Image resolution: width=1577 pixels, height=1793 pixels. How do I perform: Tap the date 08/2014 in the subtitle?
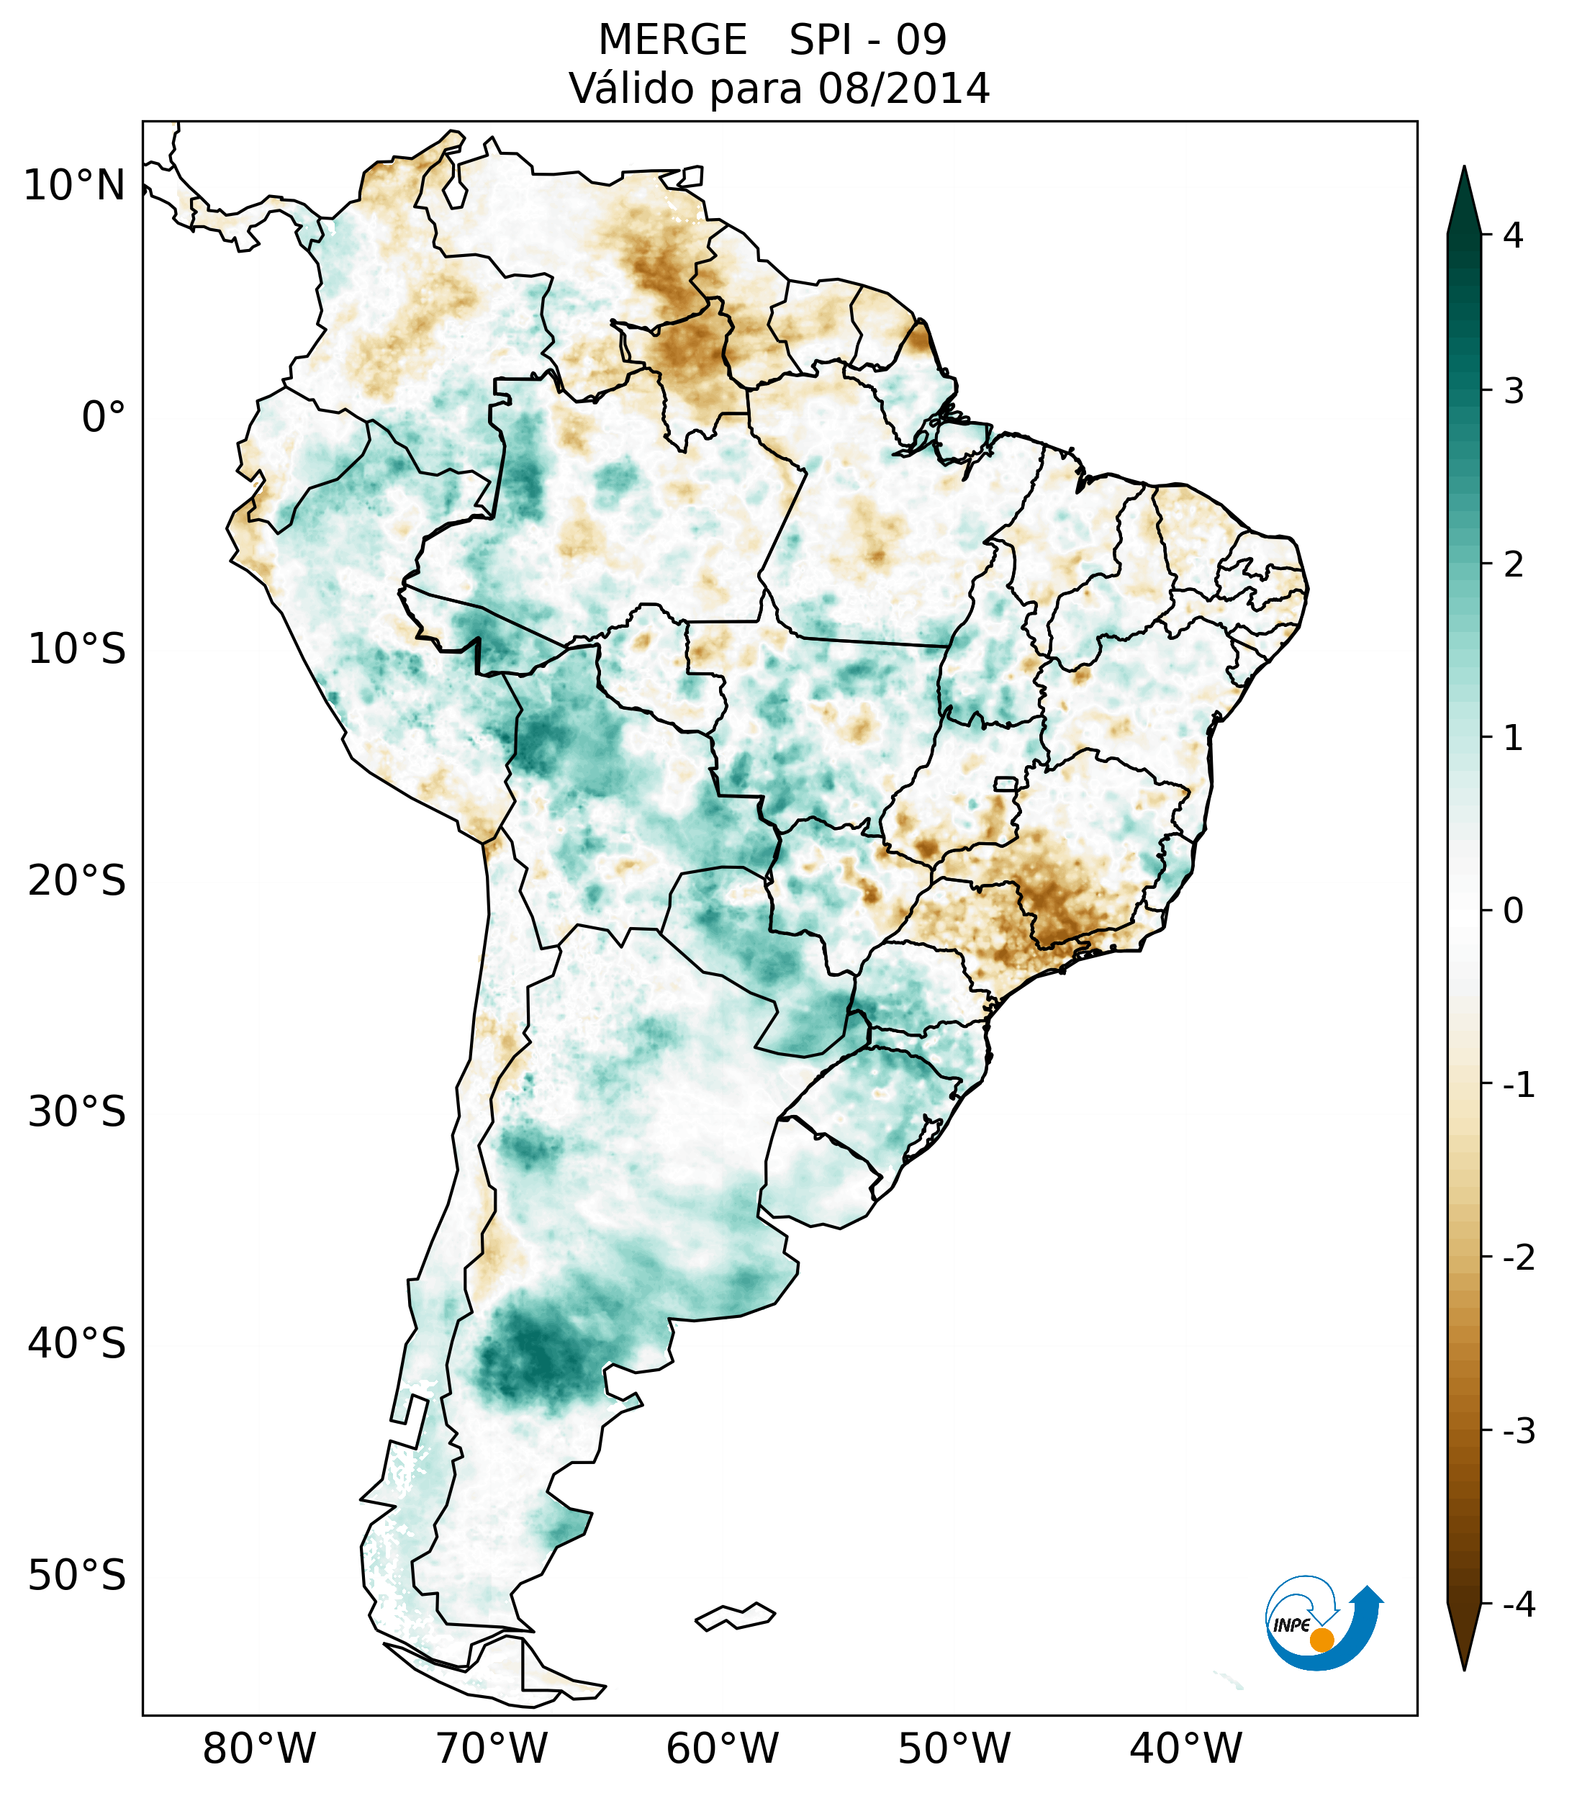(903, 89)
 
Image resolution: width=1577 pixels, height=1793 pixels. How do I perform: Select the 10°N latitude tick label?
(75, 186)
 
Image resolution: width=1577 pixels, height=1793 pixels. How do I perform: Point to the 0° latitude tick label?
(104, 417)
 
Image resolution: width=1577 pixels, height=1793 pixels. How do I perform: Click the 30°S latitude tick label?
(77, 1112)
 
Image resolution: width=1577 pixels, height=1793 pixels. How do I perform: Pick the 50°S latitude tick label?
(77, 1576)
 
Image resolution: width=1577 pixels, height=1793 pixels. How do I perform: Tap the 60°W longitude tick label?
(722, 1748)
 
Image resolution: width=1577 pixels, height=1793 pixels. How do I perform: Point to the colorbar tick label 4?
(1513, 235)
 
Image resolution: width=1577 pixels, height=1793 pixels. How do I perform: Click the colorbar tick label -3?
(1518, 1431)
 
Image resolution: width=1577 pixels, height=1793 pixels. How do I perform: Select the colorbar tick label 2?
(1513, 565)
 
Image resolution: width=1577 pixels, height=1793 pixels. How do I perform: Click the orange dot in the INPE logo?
(1321, 1640)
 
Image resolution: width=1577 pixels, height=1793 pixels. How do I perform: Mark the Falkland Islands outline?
(735, 1616)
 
